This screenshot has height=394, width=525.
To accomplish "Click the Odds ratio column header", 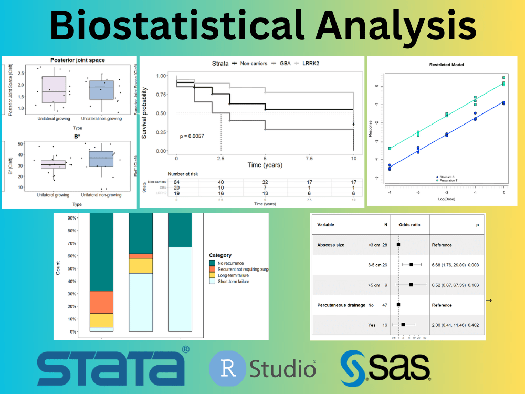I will tap(409, 225).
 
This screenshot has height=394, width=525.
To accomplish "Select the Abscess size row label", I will tap(331, 245).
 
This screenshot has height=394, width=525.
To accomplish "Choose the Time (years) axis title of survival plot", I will tap(265, 165).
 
